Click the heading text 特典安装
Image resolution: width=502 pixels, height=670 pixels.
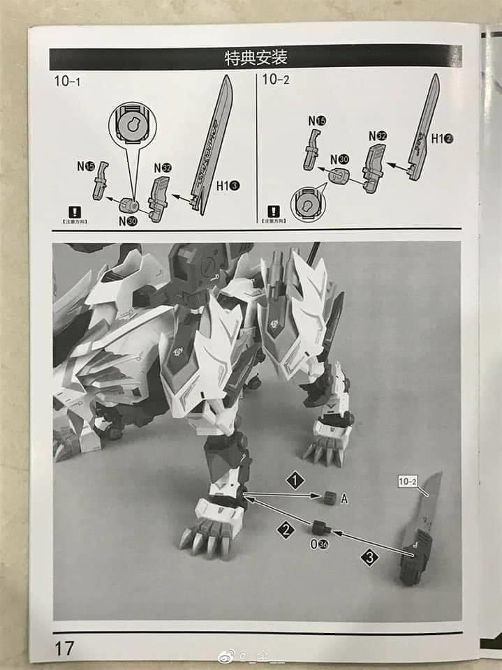click(x=256, y=57)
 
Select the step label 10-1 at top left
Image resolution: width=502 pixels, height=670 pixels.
click(x=68, y=81)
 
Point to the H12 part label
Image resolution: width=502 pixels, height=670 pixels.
click(x=442, y=138)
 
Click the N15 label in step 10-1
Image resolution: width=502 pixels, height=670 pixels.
click(x=86, y=166)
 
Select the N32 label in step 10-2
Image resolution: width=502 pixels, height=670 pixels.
click(x=377, y=135)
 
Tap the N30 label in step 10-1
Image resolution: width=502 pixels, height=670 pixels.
click(x=127, y=221)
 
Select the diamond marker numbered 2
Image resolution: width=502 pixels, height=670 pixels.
click(x=286, y=530)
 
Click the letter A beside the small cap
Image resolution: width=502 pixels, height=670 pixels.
click(x=344, y=498)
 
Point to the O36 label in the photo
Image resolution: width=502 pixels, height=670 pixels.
click(x=322, y=545)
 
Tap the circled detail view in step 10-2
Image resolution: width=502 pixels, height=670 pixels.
click(x=307, y=204)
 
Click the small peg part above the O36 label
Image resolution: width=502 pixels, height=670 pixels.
click(x=321, y=528)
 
